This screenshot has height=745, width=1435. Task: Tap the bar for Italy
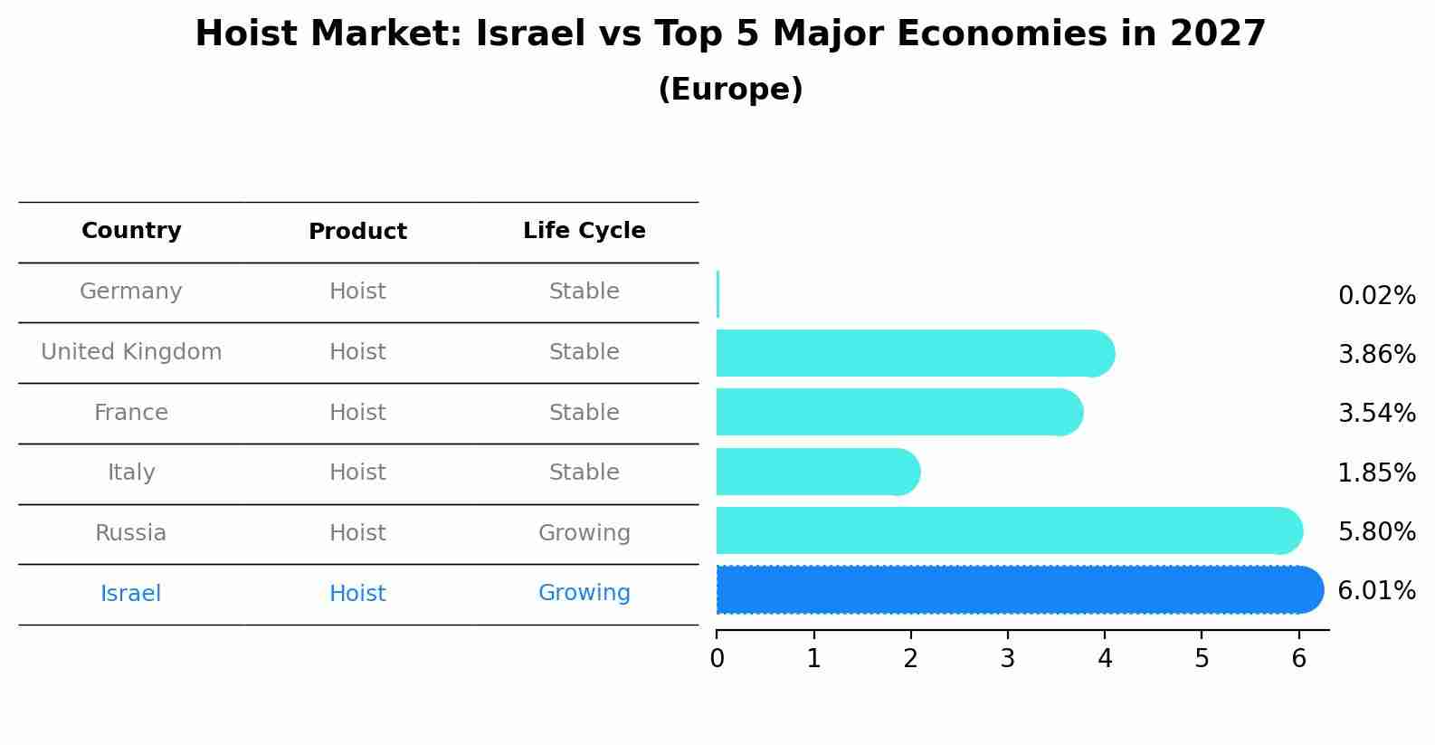814,472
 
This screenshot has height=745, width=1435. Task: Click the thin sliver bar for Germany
717,294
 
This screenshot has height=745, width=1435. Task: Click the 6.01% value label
1376,591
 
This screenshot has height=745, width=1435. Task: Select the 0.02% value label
1376,296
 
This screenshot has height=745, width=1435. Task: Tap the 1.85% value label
1376,473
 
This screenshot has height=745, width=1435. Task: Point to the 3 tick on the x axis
1008,658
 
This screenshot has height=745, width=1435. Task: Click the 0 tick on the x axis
717,658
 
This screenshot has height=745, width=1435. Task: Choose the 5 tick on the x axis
1202,658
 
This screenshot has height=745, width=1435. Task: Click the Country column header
131,231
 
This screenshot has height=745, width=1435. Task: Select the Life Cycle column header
584,231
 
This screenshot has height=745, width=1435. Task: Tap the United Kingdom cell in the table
131,352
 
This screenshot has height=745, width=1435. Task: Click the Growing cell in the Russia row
584,533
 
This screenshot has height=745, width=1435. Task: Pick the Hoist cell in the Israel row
357,594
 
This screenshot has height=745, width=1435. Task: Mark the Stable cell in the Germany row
584,291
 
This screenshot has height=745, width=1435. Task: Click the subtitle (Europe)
730,90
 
